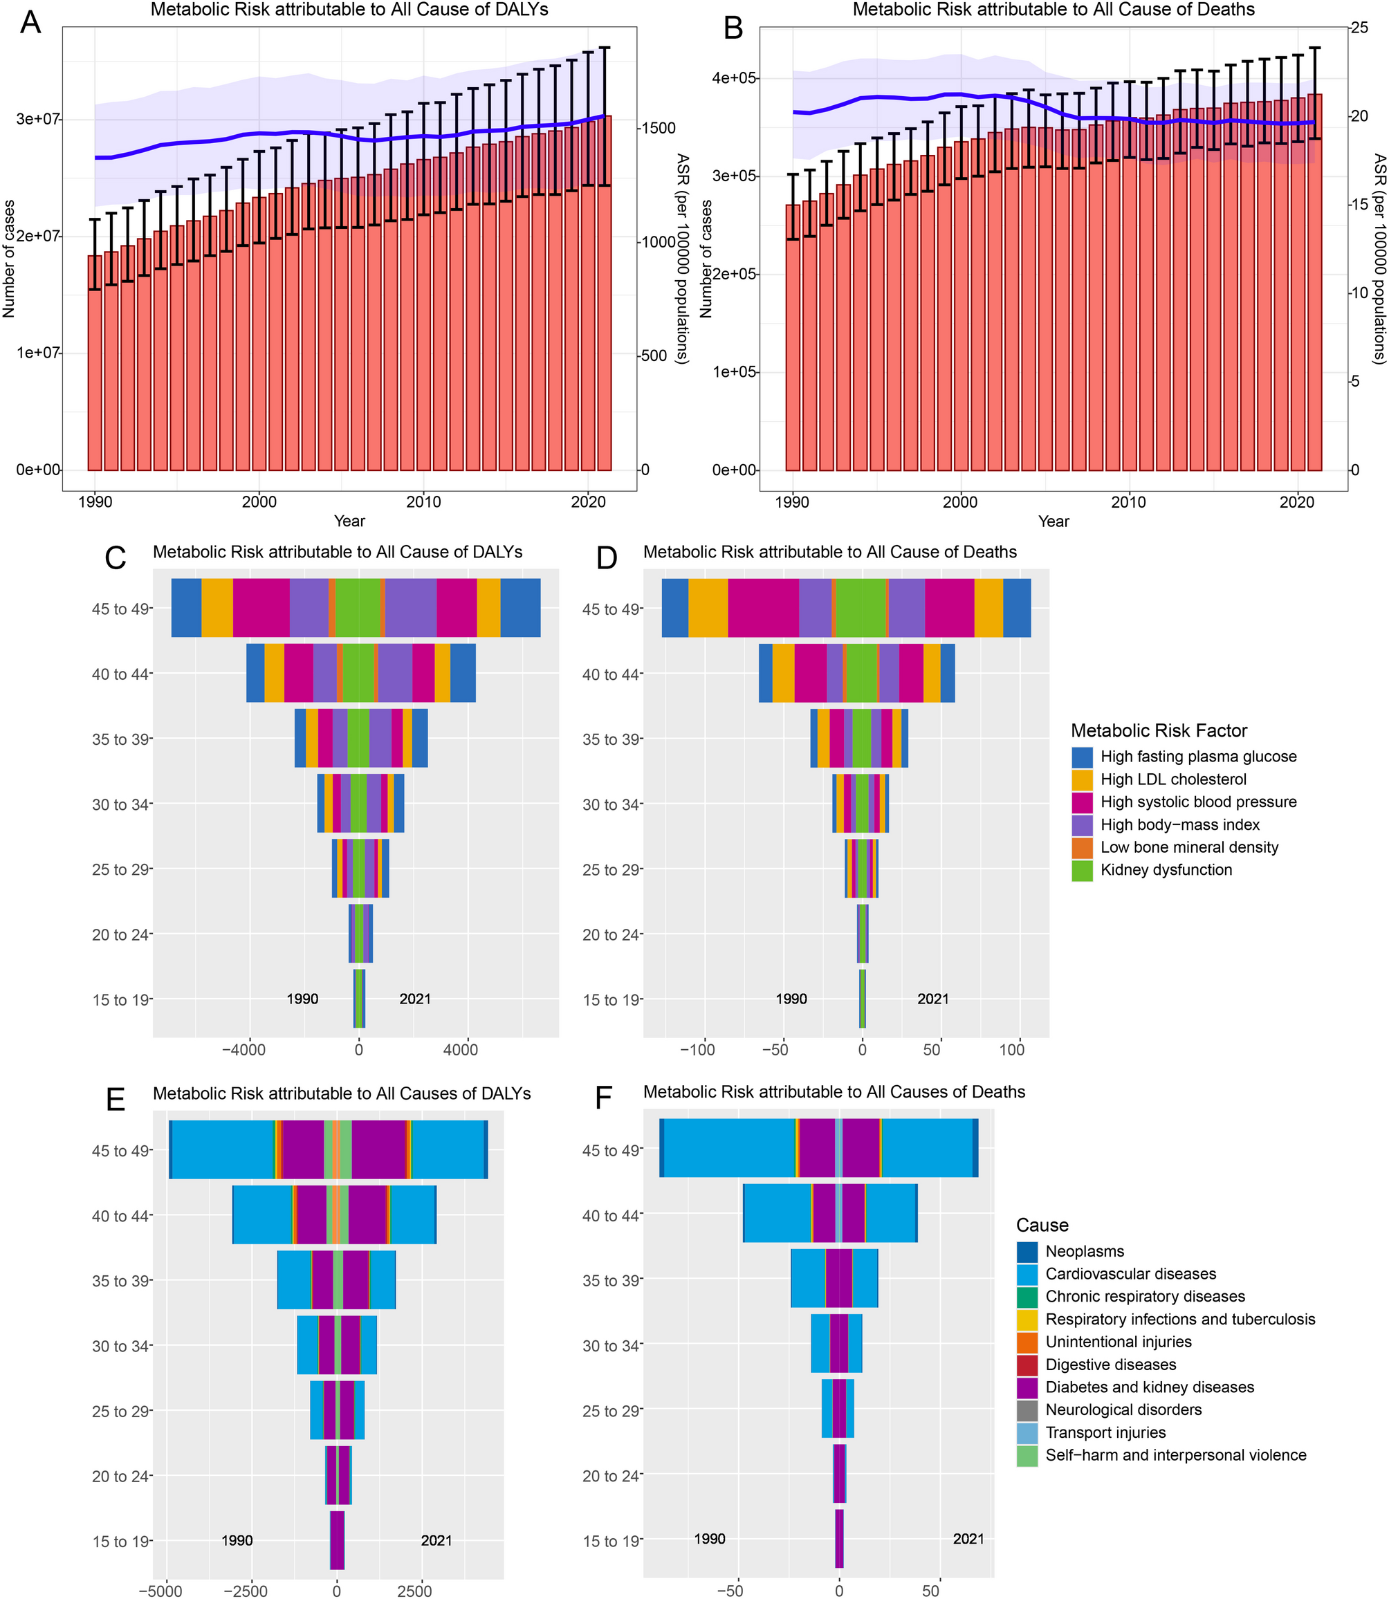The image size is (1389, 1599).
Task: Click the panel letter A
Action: point(30,24)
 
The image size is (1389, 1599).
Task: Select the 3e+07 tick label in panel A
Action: point(37,120)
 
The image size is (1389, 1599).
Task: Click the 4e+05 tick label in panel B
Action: point(734,78)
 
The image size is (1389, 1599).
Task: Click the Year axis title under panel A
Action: point(349,521)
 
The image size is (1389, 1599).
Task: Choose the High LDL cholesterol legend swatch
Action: point(1082,779)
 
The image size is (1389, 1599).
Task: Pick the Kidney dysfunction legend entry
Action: point(1166,871)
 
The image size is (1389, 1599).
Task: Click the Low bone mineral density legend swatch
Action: point(1082,848)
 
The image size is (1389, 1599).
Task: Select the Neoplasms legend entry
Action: point(1085,1252)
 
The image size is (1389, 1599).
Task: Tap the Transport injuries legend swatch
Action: point(1027,1433)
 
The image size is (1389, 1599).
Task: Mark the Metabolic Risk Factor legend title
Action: point(1159,731)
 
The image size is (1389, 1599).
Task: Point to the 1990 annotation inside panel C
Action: point(302,999)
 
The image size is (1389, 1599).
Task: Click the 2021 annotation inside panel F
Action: point(968,1540)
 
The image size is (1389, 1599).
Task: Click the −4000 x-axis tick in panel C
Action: point(244,1051)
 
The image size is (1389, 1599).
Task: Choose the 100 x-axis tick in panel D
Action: point(1011,1051)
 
